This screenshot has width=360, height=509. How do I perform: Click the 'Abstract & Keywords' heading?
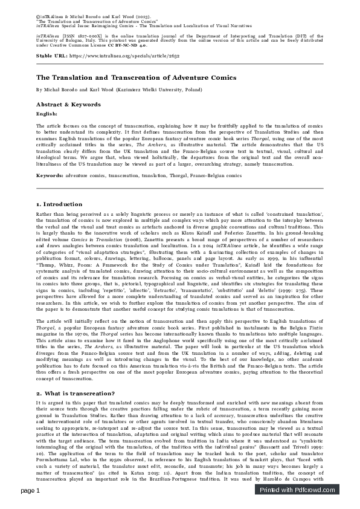pos(69,104)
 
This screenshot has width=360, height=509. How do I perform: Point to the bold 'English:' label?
pos(47,113)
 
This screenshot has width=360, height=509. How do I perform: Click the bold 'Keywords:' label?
pos(50,175)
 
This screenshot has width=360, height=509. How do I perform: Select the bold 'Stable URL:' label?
pos(52,55)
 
